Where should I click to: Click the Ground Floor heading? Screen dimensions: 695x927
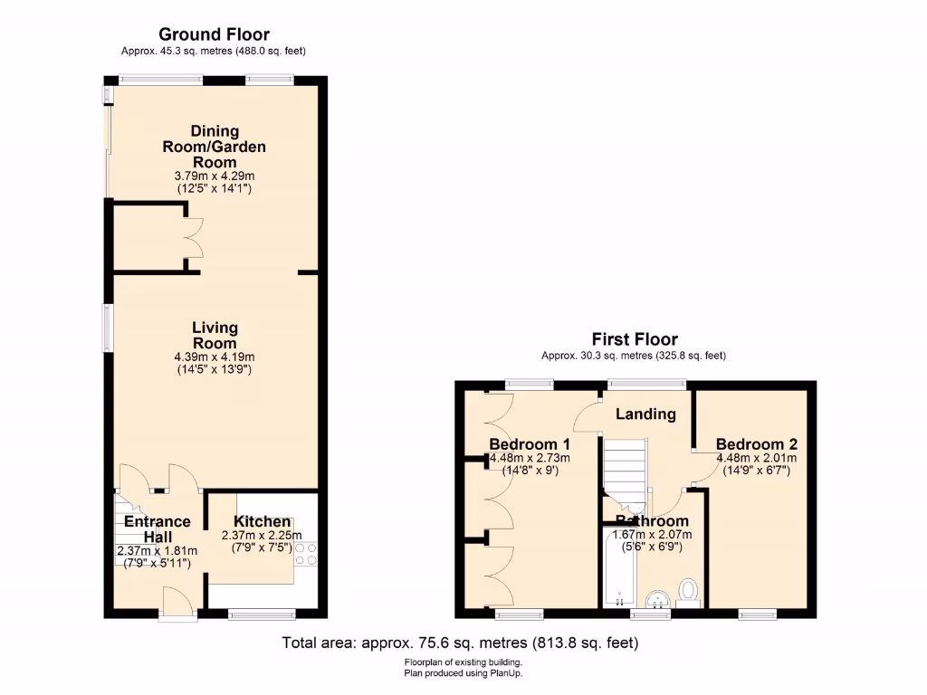[214, 35]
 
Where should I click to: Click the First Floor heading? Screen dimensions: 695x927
[634, 339]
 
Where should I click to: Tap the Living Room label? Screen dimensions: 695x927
[215, 335]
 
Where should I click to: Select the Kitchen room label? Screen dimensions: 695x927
[263, 521]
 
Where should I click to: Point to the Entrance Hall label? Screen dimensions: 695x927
[157, 528]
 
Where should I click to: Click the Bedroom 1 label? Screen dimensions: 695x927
[530, 444]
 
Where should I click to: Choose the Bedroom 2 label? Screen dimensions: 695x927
[757, 444]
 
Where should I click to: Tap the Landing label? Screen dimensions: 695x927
[645, 414]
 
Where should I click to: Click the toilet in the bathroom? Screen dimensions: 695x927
[690, 592]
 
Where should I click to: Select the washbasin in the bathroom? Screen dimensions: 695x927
[658, 598]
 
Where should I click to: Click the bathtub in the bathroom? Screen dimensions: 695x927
[620, 569]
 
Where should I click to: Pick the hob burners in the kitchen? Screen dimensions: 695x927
[306, 554]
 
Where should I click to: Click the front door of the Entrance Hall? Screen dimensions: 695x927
[177, 605]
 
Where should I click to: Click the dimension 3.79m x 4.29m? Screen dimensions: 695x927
[214, 176]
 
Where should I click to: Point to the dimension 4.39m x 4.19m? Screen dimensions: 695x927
[215, 357]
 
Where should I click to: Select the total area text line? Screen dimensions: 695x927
[461, 643]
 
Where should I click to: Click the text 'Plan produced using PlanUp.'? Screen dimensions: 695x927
[463, 673]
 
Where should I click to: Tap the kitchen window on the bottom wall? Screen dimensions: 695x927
[262, 614]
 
